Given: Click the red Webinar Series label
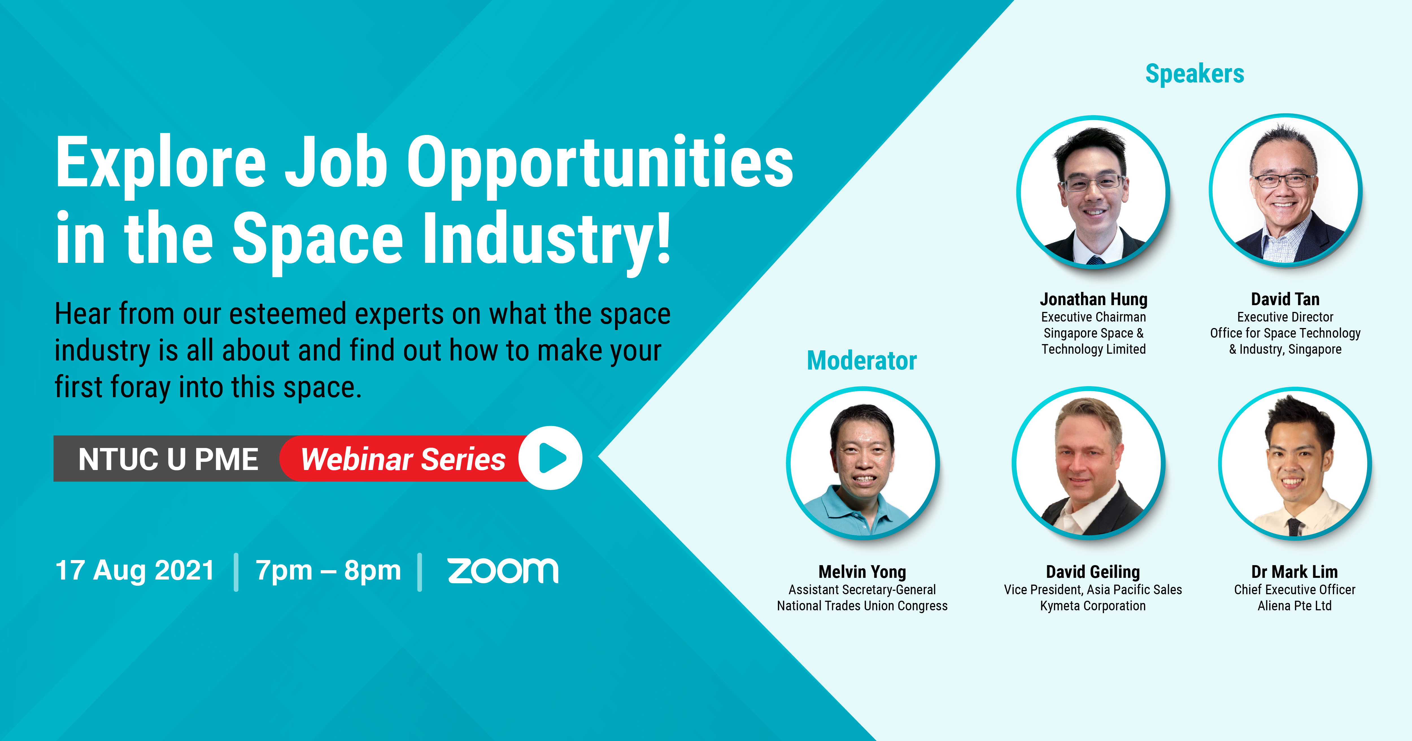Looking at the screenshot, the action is pos(403,459).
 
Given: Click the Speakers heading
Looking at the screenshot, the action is pos(1195,74).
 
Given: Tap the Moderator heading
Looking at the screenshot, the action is pos(862,361).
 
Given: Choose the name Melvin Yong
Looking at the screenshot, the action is pos(862,572).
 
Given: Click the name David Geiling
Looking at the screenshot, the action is pos(1093,572).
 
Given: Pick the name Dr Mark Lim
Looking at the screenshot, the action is pos(1295,572).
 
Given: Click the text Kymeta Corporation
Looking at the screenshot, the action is pos(1093,606).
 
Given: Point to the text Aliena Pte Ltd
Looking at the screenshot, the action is pos(1295,606).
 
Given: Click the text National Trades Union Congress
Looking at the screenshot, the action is pos(862,606).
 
